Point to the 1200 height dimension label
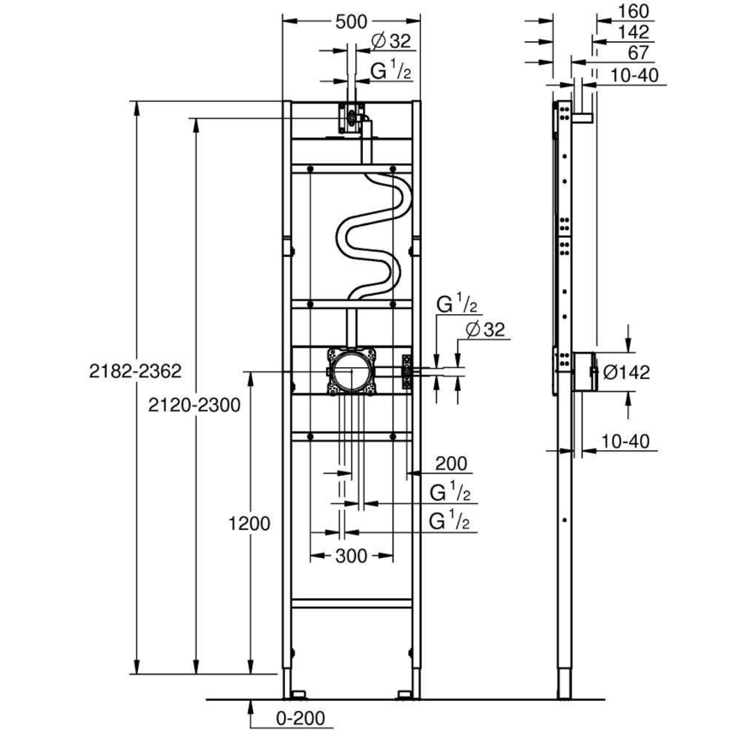coord(250,523)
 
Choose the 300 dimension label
coord(351,556)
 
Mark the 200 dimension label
coord(450,464)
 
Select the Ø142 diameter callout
coord(627,372)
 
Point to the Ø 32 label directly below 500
coord(391,41)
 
